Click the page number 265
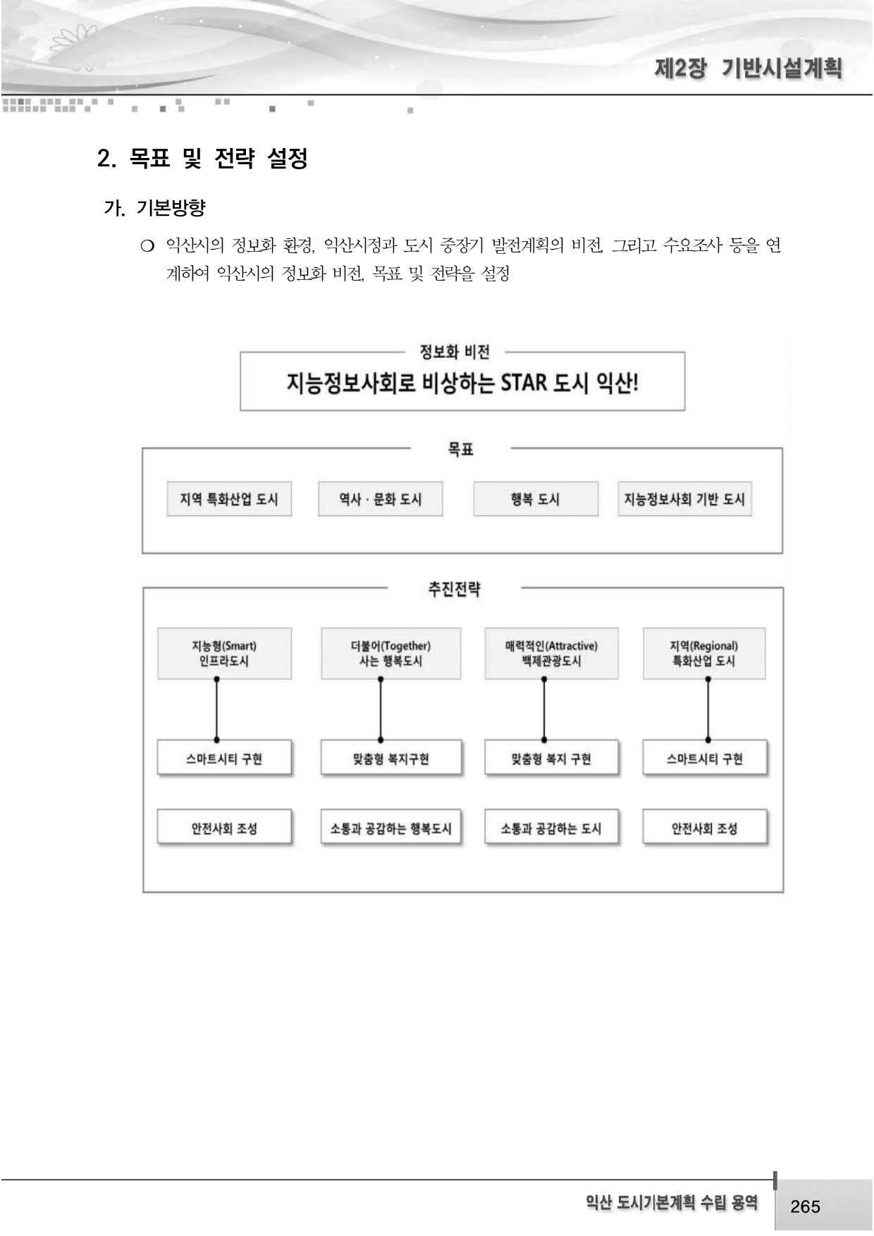click(x=805, y=1206)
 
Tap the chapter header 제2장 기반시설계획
click(x=748, y=69)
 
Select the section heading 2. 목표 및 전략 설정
click(x=202, y=158)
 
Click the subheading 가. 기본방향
click(x=154, y=208)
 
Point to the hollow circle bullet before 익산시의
click(x=147, y=246)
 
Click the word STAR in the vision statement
click(x=524, y=383)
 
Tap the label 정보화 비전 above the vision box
click(x=455, y=352)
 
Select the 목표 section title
click(x=460, y=449)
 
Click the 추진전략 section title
click(x=454, y=589)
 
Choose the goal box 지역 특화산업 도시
click(x=229, y=499)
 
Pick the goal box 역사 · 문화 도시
click(x=381, y=499)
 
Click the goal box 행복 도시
click(x=536, y=499)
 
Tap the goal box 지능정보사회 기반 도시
click(x=684, y=499)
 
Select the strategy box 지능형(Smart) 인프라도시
click(x=224, y=654)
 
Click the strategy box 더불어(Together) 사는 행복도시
click(x=390, y=654)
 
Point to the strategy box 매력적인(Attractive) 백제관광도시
click(x=551, y=654)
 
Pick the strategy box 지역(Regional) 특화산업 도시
click(x=703, y=654)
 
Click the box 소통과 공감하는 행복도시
click(x=390, y=828)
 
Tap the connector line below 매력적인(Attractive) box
click(x=544, y=709)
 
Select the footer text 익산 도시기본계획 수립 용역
click(x=671, y=1203)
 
